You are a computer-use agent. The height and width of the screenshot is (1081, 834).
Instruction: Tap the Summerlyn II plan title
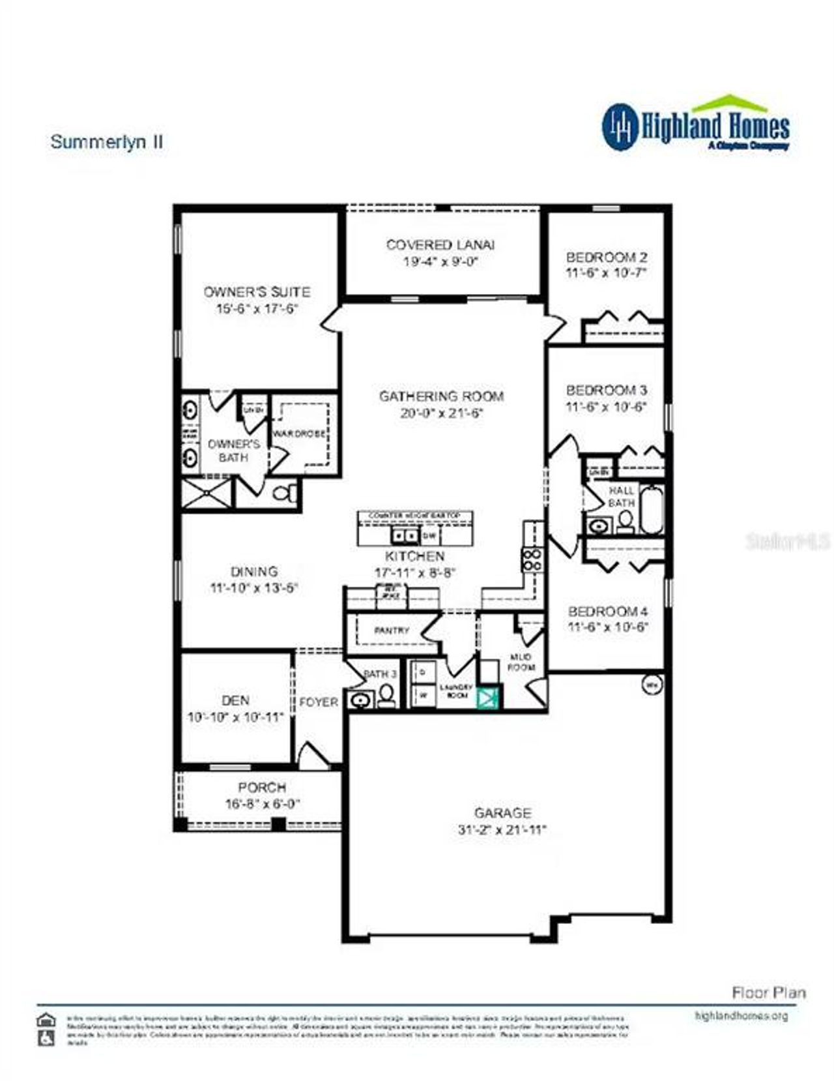[x=106, y=141]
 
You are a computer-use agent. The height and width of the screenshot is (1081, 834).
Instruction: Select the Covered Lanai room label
[x=440, y=245]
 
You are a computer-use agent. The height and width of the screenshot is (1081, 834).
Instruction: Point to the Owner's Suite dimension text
[x=257, y=308]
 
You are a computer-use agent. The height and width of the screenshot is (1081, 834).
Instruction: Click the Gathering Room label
[x=441, y=396]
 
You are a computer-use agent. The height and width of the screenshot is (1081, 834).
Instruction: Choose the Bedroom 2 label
[x=606, y=257]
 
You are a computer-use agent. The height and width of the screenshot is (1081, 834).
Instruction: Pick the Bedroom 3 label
[x=606, y=390]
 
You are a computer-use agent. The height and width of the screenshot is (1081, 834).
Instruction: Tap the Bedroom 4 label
[x=607, y=612]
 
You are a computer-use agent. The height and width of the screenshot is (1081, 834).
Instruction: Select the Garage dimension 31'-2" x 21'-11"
[x=502, y=830]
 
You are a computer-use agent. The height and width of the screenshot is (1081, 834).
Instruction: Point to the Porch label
[x=262, y=787]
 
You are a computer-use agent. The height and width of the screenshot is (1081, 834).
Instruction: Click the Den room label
[x=235, y=700]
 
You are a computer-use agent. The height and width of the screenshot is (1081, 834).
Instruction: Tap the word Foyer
[x=319, y=702]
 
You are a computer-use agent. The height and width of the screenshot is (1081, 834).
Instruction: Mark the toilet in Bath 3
[x=386, y=696]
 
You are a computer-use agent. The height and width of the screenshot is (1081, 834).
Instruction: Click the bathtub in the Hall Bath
[x=651, y=509]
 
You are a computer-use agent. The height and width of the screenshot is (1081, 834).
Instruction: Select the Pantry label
[x=391, y=630]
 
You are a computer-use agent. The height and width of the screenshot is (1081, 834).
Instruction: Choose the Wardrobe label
[x=299, y=434]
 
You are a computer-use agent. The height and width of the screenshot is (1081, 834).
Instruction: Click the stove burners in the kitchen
[x=531, y=559]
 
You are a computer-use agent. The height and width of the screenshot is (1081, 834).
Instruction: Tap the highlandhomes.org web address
[x=741, y=1016]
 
